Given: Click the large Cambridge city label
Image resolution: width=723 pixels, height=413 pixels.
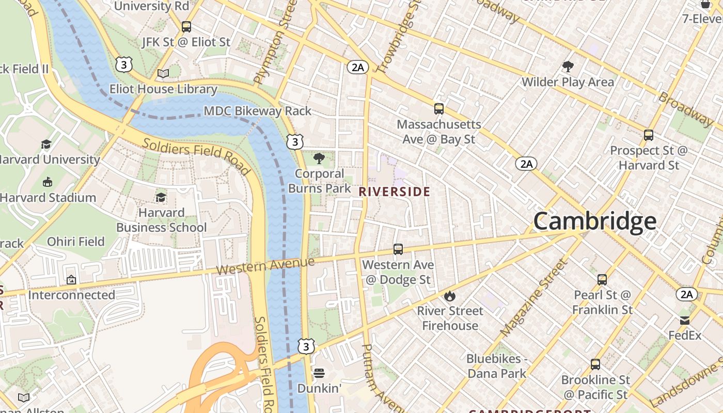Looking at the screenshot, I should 594,221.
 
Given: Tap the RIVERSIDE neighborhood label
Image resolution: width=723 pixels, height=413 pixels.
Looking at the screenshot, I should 394,192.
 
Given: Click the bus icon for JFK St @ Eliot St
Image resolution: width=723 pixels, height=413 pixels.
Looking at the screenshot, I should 186,27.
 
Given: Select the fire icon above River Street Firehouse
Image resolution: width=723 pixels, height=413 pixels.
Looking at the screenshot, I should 450,296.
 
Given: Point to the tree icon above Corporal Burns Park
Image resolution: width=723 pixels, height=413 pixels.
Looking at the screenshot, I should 319,158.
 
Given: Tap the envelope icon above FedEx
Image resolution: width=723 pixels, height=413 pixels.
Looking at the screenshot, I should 685,320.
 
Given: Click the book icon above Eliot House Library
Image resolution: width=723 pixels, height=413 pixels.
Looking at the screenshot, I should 163,74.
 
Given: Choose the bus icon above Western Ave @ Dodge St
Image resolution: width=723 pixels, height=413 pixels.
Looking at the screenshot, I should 398,249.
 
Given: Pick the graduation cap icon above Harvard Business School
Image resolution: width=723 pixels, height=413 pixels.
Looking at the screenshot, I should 161,198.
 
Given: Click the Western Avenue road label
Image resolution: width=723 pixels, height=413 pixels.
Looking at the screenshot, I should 265,266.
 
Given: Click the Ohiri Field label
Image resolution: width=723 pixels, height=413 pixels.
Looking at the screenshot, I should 76,242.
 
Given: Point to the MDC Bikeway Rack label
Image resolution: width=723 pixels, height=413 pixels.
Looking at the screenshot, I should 258,111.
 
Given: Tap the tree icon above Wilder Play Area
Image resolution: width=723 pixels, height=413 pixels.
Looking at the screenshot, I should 568,67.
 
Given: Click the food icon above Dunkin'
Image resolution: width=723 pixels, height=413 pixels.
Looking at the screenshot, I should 319,373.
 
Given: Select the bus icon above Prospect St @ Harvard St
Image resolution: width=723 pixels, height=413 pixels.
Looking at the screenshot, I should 649,135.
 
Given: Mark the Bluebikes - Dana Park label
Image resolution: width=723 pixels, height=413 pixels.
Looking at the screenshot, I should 496,366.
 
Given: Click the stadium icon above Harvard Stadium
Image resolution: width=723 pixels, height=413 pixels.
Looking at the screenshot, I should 48,182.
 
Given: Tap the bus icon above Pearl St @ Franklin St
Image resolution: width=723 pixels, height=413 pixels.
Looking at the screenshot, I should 602,280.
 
